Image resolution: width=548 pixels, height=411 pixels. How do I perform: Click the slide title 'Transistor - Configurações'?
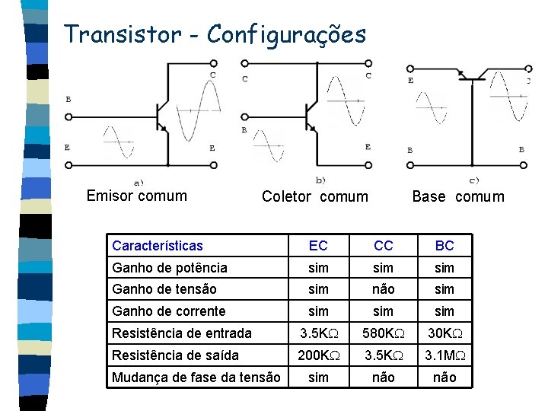pos(215,35)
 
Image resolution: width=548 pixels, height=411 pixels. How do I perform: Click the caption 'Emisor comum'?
pos(137,196)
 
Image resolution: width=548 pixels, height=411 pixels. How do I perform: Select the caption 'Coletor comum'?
pos(314,197)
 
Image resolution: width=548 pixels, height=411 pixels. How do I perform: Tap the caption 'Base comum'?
pos(457,197)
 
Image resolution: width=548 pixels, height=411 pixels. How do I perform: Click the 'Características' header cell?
pos(158,246)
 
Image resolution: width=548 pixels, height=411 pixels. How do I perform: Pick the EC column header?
pos(318,246)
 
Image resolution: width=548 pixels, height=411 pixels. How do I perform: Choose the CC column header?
pos(384,246)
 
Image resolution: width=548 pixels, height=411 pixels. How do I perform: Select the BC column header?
pos(444,246)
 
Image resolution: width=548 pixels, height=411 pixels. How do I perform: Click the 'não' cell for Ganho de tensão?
pos(384,289)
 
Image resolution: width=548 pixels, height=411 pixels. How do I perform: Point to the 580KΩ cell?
pos(384,333)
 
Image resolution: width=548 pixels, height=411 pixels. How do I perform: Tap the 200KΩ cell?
pos(318,355)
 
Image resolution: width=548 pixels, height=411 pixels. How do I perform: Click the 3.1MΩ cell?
pos(444,355)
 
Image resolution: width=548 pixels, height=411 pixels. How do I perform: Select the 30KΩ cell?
pos(444,333)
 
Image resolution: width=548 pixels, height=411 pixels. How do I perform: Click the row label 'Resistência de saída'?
pos(175,355)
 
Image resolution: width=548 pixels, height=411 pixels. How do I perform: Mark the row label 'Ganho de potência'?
pos(170,268)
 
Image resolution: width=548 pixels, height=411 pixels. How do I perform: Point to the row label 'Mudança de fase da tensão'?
pos(196,377)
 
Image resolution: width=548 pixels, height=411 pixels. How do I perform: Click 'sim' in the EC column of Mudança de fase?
pos(318,377)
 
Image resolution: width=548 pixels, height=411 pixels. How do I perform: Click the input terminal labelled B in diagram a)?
pos(68,117)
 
